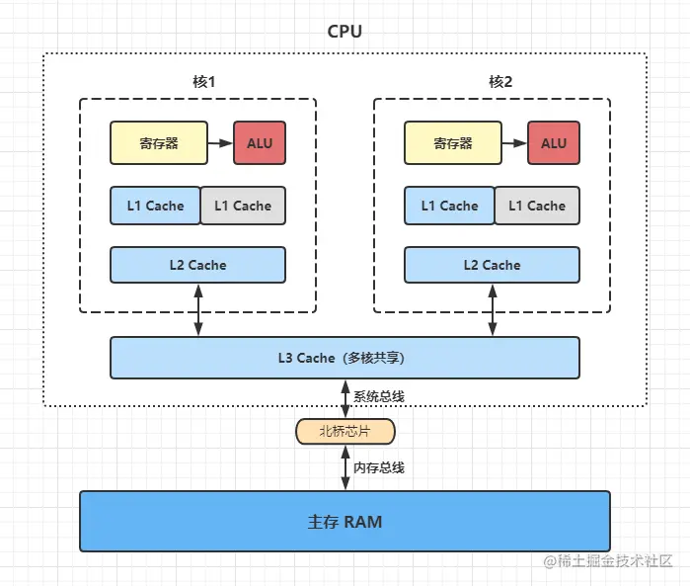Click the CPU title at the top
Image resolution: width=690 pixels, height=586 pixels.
345,32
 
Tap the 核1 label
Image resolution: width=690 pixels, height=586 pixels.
203,81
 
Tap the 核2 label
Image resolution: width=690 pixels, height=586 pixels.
500,81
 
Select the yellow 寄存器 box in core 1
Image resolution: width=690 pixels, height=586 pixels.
159,142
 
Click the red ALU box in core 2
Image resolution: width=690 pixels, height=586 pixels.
554,142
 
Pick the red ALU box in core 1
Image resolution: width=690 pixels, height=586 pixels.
260,142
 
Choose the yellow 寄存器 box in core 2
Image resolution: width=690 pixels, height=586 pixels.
453,142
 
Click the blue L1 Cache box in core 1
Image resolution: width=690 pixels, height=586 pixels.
155,206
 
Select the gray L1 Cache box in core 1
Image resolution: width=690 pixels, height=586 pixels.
243,206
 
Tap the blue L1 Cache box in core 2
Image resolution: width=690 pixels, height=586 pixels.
449,206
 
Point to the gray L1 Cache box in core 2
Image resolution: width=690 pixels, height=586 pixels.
537,206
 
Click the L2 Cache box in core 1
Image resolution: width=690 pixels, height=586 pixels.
197,265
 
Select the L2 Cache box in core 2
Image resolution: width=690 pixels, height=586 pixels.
492,265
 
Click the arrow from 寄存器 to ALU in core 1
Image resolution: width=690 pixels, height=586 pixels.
220,143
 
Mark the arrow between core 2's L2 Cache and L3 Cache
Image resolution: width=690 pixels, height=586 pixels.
493,310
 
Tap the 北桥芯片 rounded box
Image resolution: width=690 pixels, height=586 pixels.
345,432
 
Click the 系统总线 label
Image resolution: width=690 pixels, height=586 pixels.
379,396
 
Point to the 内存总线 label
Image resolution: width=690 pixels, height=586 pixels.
379,467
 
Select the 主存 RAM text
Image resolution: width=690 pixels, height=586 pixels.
345,522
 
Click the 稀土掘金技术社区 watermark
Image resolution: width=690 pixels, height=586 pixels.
608,561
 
